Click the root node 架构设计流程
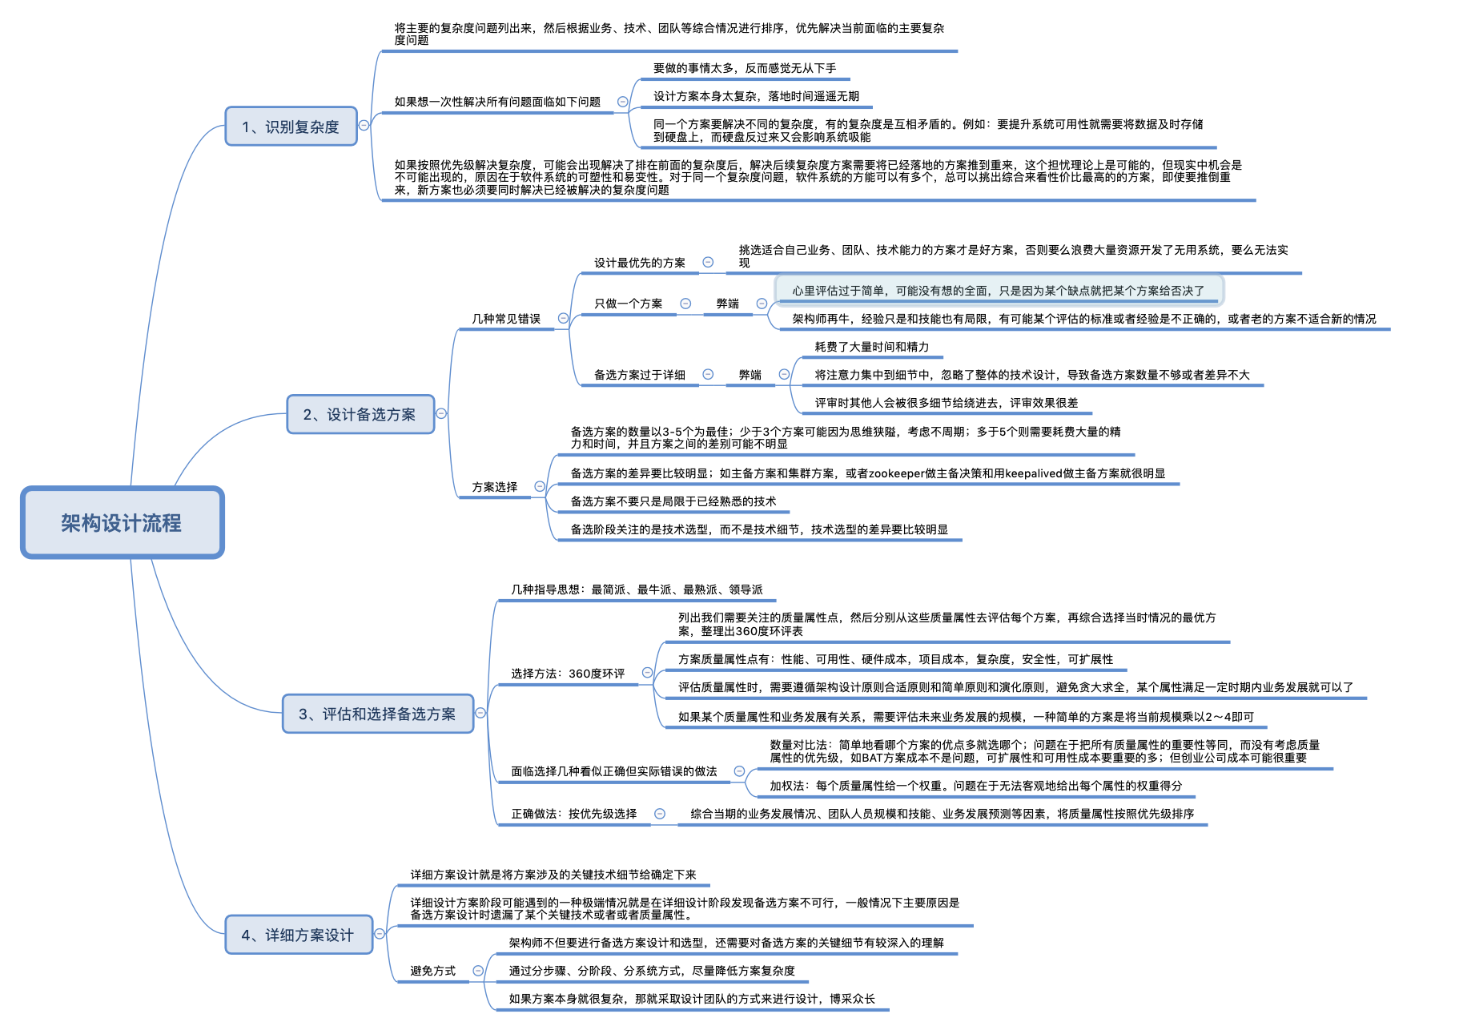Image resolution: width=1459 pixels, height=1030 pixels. point(122,523)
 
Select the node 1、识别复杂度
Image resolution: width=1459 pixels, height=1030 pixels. point(291,127)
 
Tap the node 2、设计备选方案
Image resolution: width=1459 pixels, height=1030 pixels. point(360,414)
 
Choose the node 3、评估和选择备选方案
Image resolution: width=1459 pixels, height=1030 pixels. point(377,714)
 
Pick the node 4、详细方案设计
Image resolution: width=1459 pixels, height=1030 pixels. point(298,935)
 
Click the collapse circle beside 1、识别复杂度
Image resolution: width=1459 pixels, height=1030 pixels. point(364,125)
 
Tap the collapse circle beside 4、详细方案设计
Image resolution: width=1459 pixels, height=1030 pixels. point(380,934)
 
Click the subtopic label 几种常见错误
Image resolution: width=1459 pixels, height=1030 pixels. point(506,319)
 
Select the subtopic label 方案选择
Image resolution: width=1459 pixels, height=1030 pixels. point(494,487)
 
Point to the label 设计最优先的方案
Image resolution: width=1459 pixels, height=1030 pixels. point(639,263)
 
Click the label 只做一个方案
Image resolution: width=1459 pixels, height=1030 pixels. point(628,304)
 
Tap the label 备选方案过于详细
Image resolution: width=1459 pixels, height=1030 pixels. point(639,375)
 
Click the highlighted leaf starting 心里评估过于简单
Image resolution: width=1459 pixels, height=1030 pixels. point(998,291)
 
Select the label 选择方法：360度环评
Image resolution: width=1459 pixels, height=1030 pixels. point(568,674)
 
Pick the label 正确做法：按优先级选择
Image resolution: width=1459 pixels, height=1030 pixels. point(573,814)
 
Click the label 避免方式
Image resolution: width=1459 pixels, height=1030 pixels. point(432,971)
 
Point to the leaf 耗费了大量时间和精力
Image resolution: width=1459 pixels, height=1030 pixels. point(871,347)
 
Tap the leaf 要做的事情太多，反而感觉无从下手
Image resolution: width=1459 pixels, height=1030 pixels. point(744,68)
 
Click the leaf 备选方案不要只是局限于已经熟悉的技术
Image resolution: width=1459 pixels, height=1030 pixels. point(673,501)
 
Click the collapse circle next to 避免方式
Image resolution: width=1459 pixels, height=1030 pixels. point(478,971)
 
